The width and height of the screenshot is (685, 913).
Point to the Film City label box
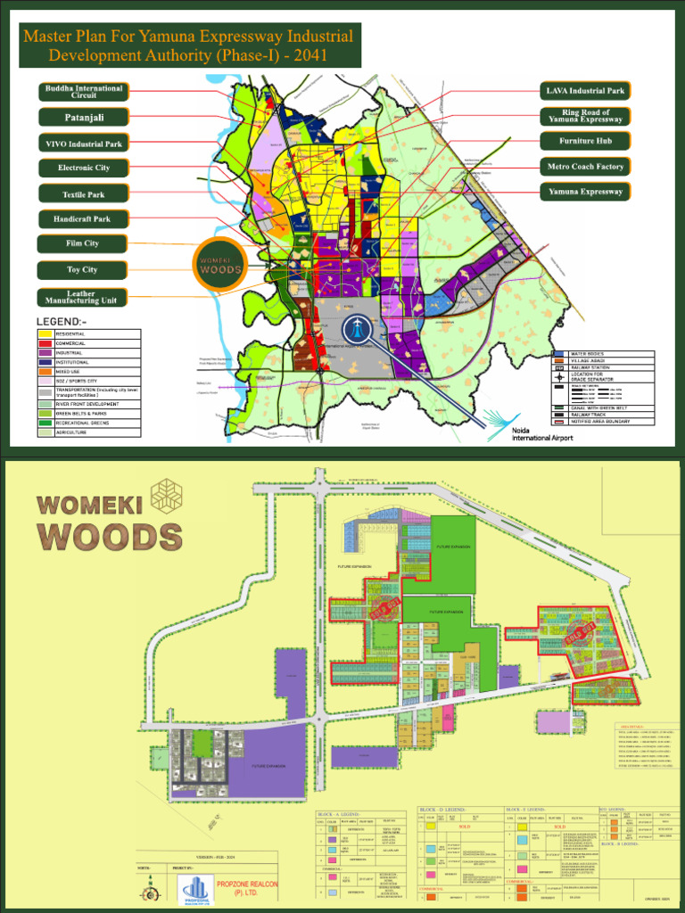[82, 243]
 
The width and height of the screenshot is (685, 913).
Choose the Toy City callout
[82, 269]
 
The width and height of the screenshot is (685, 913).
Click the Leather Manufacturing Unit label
[82, 297]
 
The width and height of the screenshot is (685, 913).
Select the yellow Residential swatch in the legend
[45, 333]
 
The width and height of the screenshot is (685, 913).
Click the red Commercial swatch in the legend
[45, 343]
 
